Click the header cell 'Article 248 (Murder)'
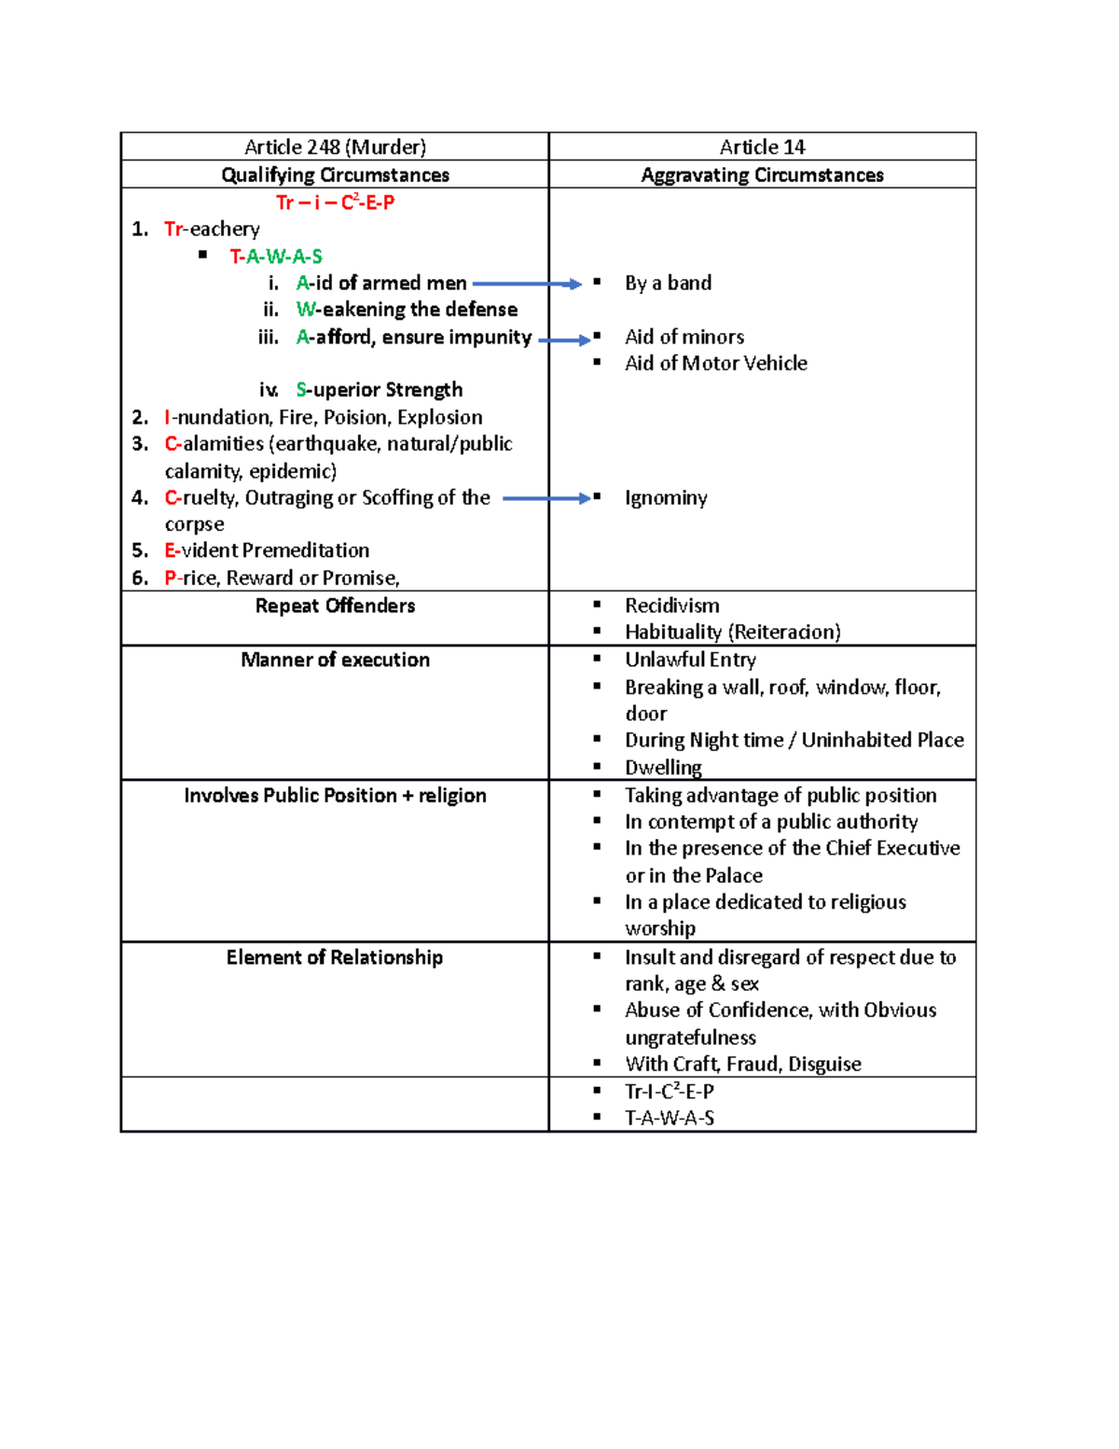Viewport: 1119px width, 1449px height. [x=335, y=147]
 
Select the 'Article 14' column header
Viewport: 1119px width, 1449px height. [x=762, y=147]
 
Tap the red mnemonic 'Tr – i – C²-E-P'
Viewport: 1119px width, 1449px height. [x=335, y=202]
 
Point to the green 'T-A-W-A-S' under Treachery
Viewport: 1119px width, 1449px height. [x=276, y=257]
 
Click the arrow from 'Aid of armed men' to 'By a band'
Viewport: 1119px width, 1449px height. [x=527, y=284]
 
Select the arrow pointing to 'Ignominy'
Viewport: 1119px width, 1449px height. [x=546, y=498]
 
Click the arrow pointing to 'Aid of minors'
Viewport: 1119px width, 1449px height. [x=564, y=340]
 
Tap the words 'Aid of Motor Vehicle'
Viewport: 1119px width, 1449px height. [x=715, y=364]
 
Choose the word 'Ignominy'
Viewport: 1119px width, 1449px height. [x=666, y=498]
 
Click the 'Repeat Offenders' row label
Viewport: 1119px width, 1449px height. [x=335, y=606]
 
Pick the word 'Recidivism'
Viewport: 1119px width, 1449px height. [x=671, y=606]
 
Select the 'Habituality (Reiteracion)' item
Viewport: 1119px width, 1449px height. [x=732, y=633]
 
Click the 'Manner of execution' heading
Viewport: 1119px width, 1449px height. [x=335, y=661]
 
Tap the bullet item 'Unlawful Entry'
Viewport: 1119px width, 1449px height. [x=690, y=661]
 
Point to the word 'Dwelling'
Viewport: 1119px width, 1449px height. [x=663, y=768]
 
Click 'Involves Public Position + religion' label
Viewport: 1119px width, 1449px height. [x=335, y=796]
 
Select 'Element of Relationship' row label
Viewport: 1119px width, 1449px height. [x=335, y=958]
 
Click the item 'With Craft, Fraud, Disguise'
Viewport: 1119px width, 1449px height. [x=742, y=1065]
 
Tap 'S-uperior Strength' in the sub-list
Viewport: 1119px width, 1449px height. [x=379, y=390]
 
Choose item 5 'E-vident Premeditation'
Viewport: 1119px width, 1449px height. [x=266, y=550]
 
